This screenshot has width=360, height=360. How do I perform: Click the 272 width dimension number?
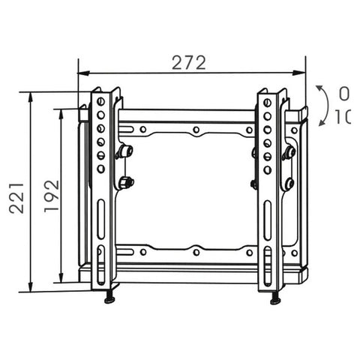(x=188, y=63)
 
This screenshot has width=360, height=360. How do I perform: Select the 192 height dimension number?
(x=51, y=196)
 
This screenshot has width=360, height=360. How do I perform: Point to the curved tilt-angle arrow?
(x=322, y=104)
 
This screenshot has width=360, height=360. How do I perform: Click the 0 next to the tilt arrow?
(x=343, y=94)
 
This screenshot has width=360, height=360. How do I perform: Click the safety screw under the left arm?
(x=109, y=299)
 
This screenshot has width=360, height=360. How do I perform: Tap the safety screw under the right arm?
(x=275, y=299)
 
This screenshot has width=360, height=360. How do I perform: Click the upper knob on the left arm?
(x=125, y=151)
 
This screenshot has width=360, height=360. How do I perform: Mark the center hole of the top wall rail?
(x=195, y=130)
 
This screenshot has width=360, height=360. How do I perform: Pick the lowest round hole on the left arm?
(x=101, y=169)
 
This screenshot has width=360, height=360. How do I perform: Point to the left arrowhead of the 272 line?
(x=82, y=73)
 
